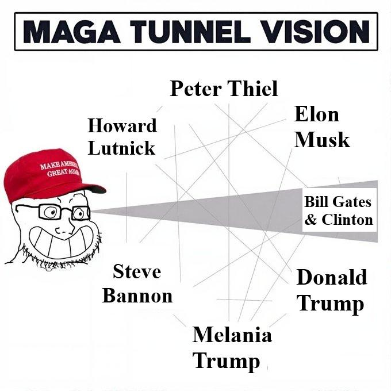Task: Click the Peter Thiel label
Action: point(224,89)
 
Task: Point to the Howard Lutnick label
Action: point(121,137)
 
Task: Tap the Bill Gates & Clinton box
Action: point(338,210)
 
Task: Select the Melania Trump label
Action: point(232,347)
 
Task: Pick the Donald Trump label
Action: point(331,290)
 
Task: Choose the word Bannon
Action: point(137,296)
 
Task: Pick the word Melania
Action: point(232,334)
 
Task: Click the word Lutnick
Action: point(121,148)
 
